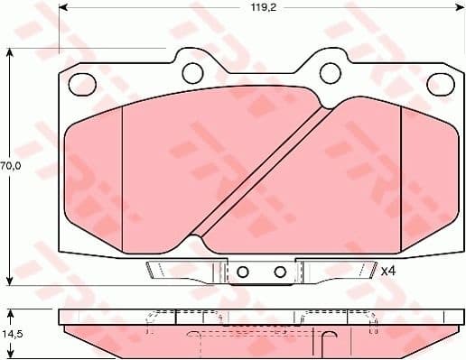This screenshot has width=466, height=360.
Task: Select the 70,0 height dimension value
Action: coord(10,166)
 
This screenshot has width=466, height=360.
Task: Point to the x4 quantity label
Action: coord(387,271)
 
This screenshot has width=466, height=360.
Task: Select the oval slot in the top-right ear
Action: coord(440,83)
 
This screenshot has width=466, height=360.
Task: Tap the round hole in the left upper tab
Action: coord(191,71)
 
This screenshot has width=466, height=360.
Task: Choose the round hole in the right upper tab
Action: coord(331,71)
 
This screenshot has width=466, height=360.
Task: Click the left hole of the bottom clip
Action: coord(241,272)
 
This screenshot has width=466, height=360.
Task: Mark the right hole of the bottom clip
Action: coord(280,272)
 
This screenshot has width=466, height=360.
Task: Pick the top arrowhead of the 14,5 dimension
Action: coord(10,312)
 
